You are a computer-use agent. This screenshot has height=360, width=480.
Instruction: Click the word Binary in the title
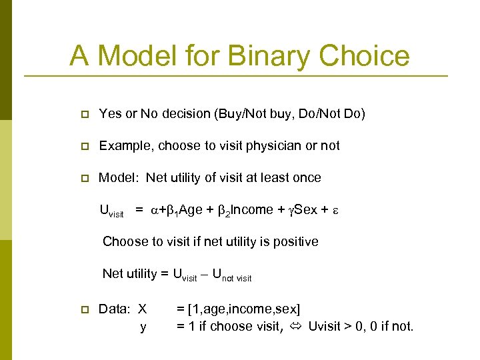[x=269, y=55]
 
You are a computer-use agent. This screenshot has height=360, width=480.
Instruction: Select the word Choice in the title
[x=365, y=55]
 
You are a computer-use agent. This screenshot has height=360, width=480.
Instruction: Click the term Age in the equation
[x=191, y=209]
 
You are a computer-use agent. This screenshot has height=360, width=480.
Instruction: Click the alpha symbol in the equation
[x=154, y=210]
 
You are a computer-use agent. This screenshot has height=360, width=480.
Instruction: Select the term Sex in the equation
[x=305, y=209]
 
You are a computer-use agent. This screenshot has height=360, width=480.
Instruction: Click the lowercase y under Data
[x=143, y=327]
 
